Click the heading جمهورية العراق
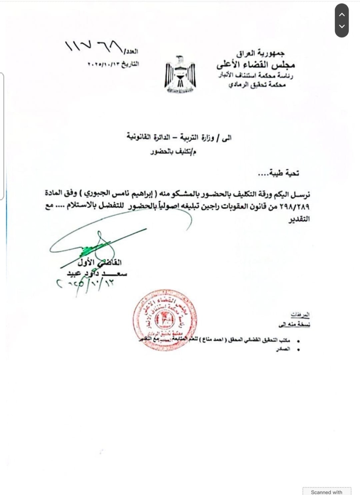[261, 53]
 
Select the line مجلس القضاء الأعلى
[256, 64]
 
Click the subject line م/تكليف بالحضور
[173, 152]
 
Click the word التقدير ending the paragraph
[299, 219]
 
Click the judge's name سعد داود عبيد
[97, 274]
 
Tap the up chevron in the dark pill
[342, 15]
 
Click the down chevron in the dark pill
[342, 26]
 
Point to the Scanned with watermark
[326, 492]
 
